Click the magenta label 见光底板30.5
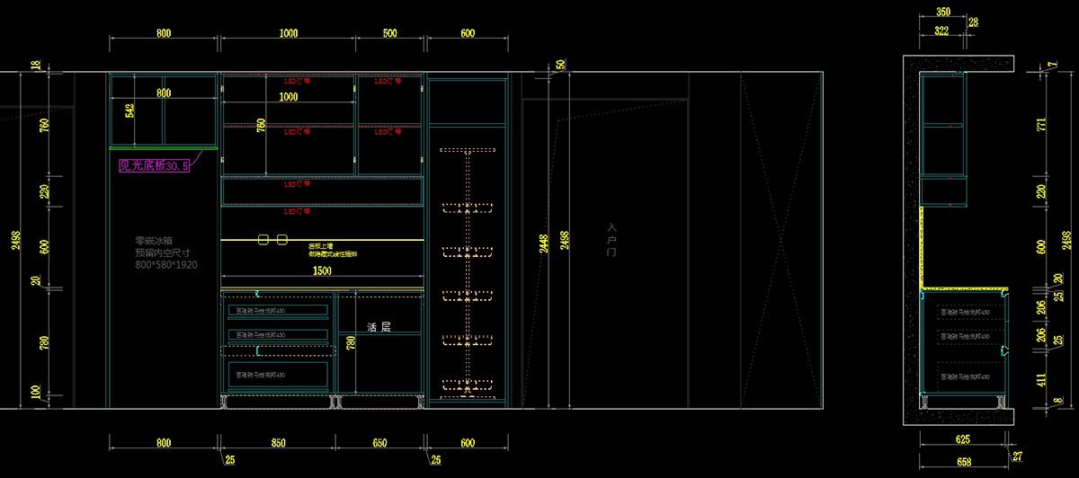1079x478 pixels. (x=155, y=165)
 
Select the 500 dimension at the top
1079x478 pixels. (x=389, y=33)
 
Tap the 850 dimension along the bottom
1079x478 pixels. (x=278, y=443)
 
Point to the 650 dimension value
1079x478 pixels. (x=379, y=443)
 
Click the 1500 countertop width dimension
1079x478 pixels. (x=322, y=270)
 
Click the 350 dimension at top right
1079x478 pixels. (x=943, y=13)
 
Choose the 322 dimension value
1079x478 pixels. (x=941, y=31)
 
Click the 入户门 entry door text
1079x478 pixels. (x=612, y=240)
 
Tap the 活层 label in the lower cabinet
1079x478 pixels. (x=379, y=328)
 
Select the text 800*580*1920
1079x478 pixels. (x=165, y=266)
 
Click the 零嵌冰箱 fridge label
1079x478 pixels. (x=152, y=241)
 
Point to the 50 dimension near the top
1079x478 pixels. (x=561, y=64)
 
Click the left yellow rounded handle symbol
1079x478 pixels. (x=264, y=240)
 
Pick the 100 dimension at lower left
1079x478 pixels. (x=36, y=393)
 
